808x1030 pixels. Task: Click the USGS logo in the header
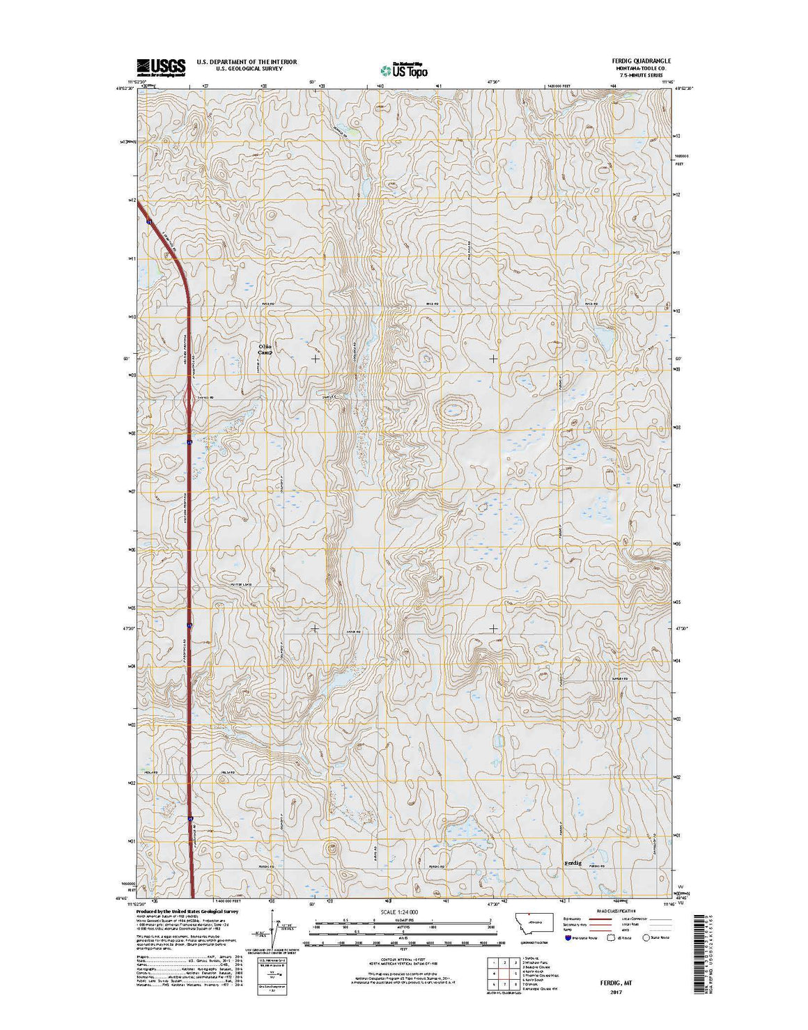161,67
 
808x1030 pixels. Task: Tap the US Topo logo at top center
404,69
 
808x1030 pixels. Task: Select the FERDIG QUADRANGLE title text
642,61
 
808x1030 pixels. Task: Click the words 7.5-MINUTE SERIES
639,75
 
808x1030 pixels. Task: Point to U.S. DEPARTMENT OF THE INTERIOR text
247,62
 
